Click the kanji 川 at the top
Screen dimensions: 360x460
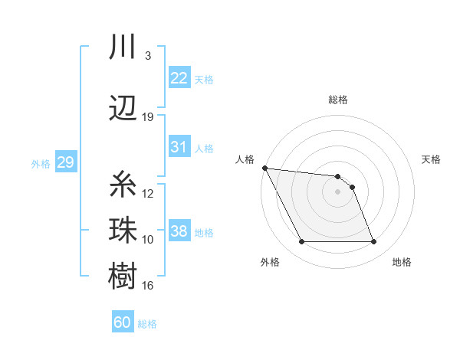tap(123, 47)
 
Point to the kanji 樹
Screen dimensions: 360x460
tap(123, 276)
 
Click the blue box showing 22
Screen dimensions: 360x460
tap(179, 78)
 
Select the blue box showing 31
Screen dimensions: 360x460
tap(179, 147)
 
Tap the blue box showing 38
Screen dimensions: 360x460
tap(179, 231)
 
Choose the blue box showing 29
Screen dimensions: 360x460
tap(65, 162)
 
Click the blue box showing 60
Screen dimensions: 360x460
tap(123, 322)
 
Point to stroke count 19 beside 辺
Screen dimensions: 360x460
tap(148, 117)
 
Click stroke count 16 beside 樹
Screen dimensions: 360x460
tap(148, 286)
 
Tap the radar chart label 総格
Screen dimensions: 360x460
tap(338, 100)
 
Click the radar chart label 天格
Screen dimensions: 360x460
tap(431, 159)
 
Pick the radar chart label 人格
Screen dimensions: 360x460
tap(245, 159)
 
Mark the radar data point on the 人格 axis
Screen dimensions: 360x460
tap(264, 168)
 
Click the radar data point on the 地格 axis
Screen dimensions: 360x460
tap(374, 242)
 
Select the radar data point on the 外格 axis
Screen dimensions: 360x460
tap(301, 242)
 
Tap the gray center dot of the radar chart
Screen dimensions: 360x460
tap(338, 191)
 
